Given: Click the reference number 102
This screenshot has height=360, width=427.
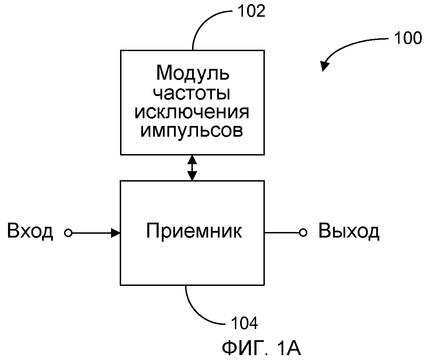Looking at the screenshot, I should (x=251, y=11).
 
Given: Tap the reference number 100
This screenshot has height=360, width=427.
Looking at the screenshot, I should (x=408, y=38).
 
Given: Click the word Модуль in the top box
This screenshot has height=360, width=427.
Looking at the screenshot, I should (x=192, y=73).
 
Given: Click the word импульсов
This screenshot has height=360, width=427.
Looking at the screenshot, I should (x=192, y=131).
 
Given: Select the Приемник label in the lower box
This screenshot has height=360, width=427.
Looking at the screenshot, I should (x=193, y=231).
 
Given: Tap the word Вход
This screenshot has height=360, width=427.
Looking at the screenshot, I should (x=30, y=231).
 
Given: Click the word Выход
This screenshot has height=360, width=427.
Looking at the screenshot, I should (x=349, y=231).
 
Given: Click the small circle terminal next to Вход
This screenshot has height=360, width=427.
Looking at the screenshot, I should (x=68, y=233).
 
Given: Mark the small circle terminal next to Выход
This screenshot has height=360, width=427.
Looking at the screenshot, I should (x=303, y=233).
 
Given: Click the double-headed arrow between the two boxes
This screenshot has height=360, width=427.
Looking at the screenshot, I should (x=192, y=168).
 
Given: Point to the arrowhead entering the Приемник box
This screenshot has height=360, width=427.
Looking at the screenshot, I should (x=116, y=233).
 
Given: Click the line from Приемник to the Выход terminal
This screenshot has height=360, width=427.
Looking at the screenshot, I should (x=282, y=233).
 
